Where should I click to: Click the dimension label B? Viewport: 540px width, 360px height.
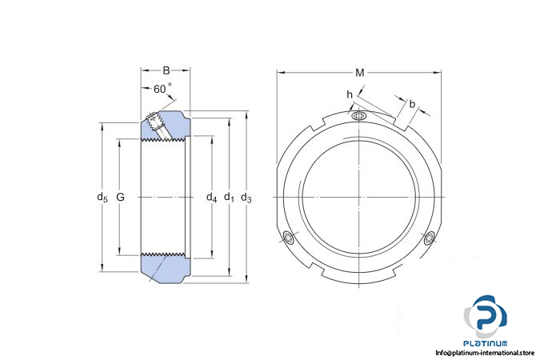pos(166,70)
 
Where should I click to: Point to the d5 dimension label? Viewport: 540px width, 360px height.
pos(102,198)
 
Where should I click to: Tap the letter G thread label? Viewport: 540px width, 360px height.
pos(121,197)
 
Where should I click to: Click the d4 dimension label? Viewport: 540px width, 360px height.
pos(211,198)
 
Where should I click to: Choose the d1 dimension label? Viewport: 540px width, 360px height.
pos(229,198)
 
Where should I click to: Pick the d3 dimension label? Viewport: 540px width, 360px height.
pos(246,198)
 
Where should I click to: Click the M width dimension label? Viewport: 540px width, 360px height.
pos(359,73)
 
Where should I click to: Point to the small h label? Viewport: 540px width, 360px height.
pos(350,94)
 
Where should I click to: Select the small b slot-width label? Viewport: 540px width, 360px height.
pos(412,104)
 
